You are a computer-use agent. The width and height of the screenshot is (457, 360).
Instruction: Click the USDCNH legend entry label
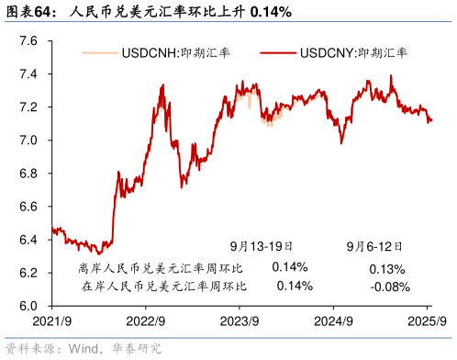[x=175, y=53]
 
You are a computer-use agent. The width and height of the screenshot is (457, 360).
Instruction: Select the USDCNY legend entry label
[x=353, y=53]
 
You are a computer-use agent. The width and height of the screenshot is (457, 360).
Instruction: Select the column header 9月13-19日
[x=261, y=246]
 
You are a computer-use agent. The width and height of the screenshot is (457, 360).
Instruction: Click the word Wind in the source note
[x=80, y=348]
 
